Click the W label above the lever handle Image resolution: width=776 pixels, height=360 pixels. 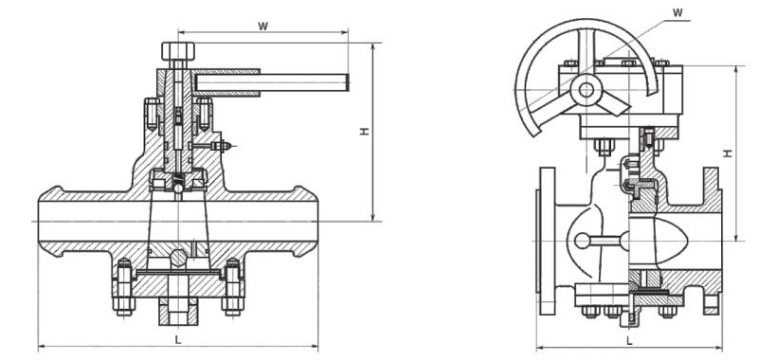click(x=262, y=27)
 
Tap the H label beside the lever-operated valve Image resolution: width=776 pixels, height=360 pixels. click(x=365, y=132)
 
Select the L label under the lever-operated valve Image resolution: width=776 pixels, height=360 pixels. click(x=178, y=340)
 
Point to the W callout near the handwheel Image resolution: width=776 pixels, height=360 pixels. click(x=678, y=13)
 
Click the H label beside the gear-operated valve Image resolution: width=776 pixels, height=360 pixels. click(x=728, y=153)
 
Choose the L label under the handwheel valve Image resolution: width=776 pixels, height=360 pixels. click(x=629, y=340)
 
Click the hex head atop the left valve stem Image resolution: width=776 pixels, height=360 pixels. click(x=178, y=51)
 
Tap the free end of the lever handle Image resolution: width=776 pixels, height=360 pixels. click(x=348, y=82)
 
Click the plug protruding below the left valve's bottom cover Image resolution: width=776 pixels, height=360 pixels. click(x=178, y=312)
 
